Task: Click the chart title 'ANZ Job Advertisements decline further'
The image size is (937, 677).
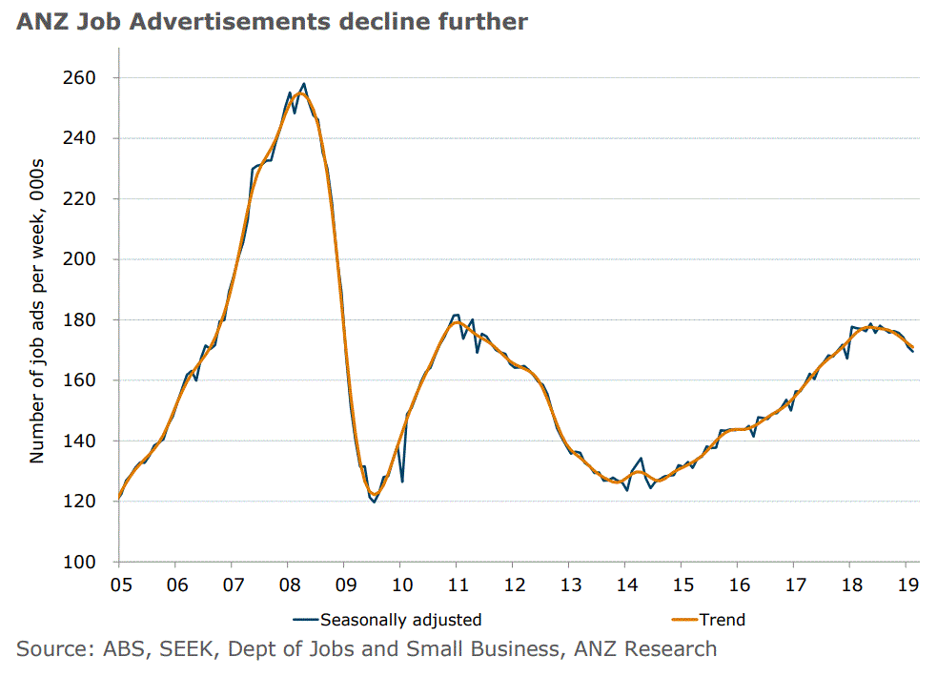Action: click(272, 22)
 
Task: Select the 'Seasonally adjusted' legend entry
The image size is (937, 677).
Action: click(400, 620)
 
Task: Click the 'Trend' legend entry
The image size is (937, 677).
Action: click(722, 620)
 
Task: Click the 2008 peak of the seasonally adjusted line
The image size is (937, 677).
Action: click(304, 84)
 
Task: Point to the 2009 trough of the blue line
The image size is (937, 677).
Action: click(374, 502)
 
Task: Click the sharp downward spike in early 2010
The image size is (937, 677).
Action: click(402, 482)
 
